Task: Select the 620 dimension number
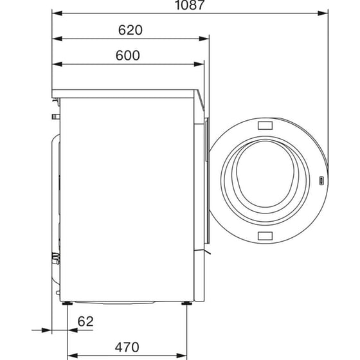click(130, 30)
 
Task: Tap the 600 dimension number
click(129, 55)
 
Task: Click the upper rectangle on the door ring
click(264, 125)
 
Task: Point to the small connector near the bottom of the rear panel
click(56, 258)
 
